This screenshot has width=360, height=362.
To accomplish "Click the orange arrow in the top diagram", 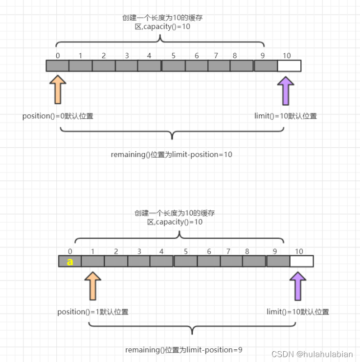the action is click(58, 90).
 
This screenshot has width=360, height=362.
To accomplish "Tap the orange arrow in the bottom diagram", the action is click(92, 286).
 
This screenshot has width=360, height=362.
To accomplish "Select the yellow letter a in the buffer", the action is click(70, 262).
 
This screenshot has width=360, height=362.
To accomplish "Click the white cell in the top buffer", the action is click(289, 66).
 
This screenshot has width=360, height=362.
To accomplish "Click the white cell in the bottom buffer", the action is click(301, 261).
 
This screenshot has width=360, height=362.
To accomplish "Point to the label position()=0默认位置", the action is click(58, 116).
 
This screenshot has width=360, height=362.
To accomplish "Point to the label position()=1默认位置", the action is click(93, 312).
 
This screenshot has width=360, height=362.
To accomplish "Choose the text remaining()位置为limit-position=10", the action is click(171, 155).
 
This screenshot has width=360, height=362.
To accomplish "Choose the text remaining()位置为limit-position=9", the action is click(183, 350).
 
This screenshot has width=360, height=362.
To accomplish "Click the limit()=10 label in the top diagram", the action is click(285, 116).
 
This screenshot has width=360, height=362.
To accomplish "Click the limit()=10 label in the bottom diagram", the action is click(297, 312).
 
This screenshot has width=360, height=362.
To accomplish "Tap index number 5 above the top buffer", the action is click(174, 56).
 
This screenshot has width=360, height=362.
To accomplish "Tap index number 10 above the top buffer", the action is click(287, 56).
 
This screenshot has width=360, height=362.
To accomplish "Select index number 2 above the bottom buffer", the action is click(116, 251).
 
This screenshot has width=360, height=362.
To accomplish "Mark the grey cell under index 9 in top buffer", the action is click(266, 66).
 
